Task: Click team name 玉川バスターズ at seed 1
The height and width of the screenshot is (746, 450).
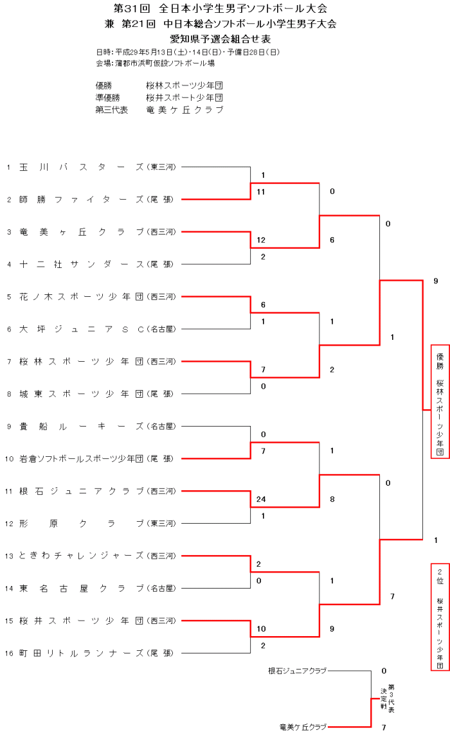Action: pyautogui.click(x=82, y=167)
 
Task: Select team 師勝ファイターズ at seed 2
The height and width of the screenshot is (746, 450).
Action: pyautogui.click(x=82, y=199)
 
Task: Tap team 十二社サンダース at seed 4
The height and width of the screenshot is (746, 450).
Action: pyautogui.click(x=82, y=263)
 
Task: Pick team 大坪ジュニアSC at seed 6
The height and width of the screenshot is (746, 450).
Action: pyautogui.click(x=82, y=328)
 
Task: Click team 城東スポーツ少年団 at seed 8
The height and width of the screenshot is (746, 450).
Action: pyautogui.click(x=82, y=393)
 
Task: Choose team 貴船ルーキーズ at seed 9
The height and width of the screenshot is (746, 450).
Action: pyautogui.click(x=82, y=425)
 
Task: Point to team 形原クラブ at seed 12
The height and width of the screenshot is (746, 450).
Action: pyautogui.click(x=82, y=523)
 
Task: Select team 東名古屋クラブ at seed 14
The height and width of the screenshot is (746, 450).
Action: pyautogui.click(x=82, y=587)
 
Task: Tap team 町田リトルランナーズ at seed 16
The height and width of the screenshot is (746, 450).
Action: pyautogui.click(x=82, y=652)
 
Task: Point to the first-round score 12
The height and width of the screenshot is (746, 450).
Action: pyautogui.click(x=261, y=240)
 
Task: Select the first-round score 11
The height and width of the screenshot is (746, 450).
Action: pyautogui.click(x=261, y=191)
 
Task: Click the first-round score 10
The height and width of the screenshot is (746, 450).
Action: pyautogui.click(x=261, y=628)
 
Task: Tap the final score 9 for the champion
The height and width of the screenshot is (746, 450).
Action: pyautogui.click(x=436, y=281)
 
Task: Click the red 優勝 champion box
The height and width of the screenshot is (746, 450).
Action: pyautogui.click(x=440, y=402)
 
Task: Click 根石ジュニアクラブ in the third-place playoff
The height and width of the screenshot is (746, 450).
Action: pyautogui.click(x=297, y=671)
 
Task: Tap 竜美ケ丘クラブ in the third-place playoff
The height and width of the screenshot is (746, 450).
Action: pyautogui.click(x=303, y=727)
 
